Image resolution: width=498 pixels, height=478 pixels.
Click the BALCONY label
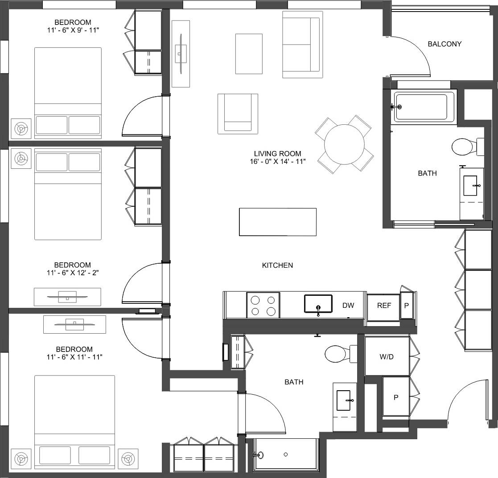tap(444, 44)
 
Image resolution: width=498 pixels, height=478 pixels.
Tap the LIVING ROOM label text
tap(277, 154)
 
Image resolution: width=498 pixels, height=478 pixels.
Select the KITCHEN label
tap(277, 265)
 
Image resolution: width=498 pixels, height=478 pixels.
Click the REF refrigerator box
tap(383, 306)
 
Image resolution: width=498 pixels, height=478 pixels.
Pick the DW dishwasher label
tap(348, 305)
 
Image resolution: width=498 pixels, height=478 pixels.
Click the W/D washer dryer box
tap(387, 356)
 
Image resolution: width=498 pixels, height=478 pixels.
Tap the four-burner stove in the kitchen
tap(263, 305)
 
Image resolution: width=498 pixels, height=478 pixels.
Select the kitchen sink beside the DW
tap(318, 304)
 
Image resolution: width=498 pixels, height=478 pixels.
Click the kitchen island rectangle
tap(278, 222)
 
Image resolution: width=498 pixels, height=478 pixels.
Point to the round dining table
tap(344, 145)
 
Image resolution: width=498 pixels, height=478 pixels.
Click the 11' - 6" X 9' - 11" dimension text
tap(73, 30)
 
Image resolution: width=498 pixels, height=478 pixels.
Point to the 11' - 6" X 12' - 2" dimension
tap(73, 273)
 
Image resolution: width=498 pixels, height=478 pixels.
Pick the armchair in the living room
tap(238, 113)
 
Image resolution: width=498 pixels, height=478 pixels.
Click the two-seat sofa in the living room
tap(302, 45)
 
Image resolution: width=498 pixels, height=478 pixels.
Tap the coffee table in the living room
tap(249, 53)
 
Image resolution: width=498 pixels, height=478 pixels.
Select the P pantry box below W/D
tap(396, 397)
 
